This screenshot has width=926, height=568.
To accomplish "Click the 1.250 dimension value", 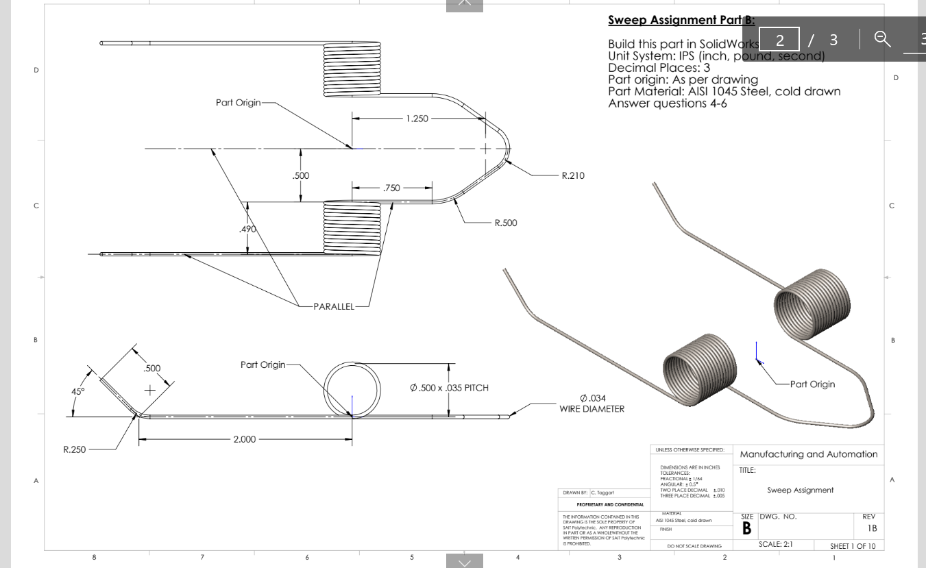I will tap(417, 119).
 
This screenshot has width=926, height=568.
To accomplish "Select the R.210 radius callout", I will tap(573, 175).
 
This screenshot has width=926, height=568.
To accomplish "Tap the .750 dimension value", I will tap(393, 187).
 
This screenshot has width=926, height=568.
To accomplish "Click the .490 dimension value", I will tap(247, 229).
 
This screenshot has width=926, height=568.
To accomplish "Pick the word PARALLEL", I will tap(334, 306).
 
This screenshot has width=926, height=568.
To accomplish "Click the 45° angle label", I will tap(78, 391).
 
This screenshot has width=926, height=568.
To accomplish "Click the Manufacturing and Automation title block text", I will tap(807, 454).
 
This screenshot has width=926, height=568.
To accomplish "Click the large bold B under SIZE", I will tap(748, 529).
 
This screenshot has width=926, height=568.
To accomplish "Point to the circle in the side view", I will tap(352, 389).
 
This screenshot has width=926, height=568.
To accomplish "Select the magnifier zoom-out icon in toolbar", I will tap(881, 40).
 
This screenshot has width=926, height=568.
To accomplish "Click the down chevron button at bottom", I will tap(464, 562).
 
